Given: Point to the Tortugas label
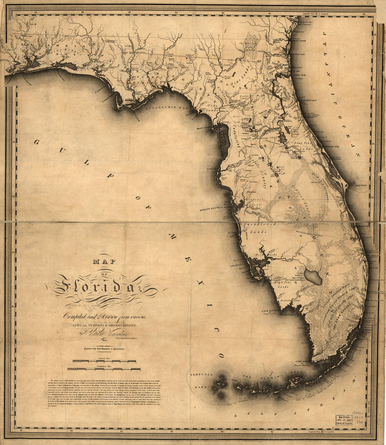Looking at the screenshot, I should [201, 375].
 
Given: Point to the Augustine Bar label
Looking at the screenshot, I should [309, 101].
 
